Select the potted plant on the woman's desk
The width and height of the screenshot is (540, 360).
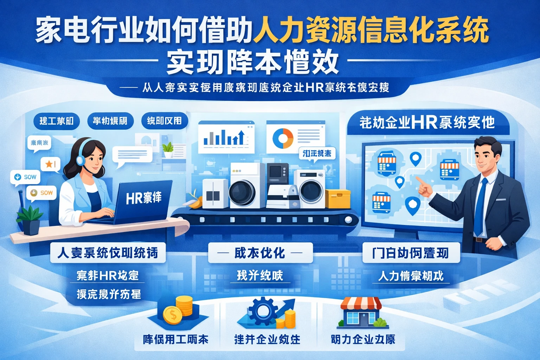point(30,220)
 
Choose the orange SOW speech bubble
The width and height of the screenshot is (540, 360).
point(42,193)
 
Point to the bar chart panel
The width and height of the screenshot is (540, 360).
point(226,137)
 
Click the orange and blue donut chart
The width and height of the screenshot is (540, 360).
point(283,138)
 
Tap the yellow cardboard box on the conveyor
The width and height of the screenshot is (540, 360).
point(337,199)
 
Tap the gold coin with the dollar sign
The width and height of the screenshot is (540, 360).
point(173,315)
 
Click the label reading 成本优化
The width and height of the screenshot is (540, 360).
point(260,253)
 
